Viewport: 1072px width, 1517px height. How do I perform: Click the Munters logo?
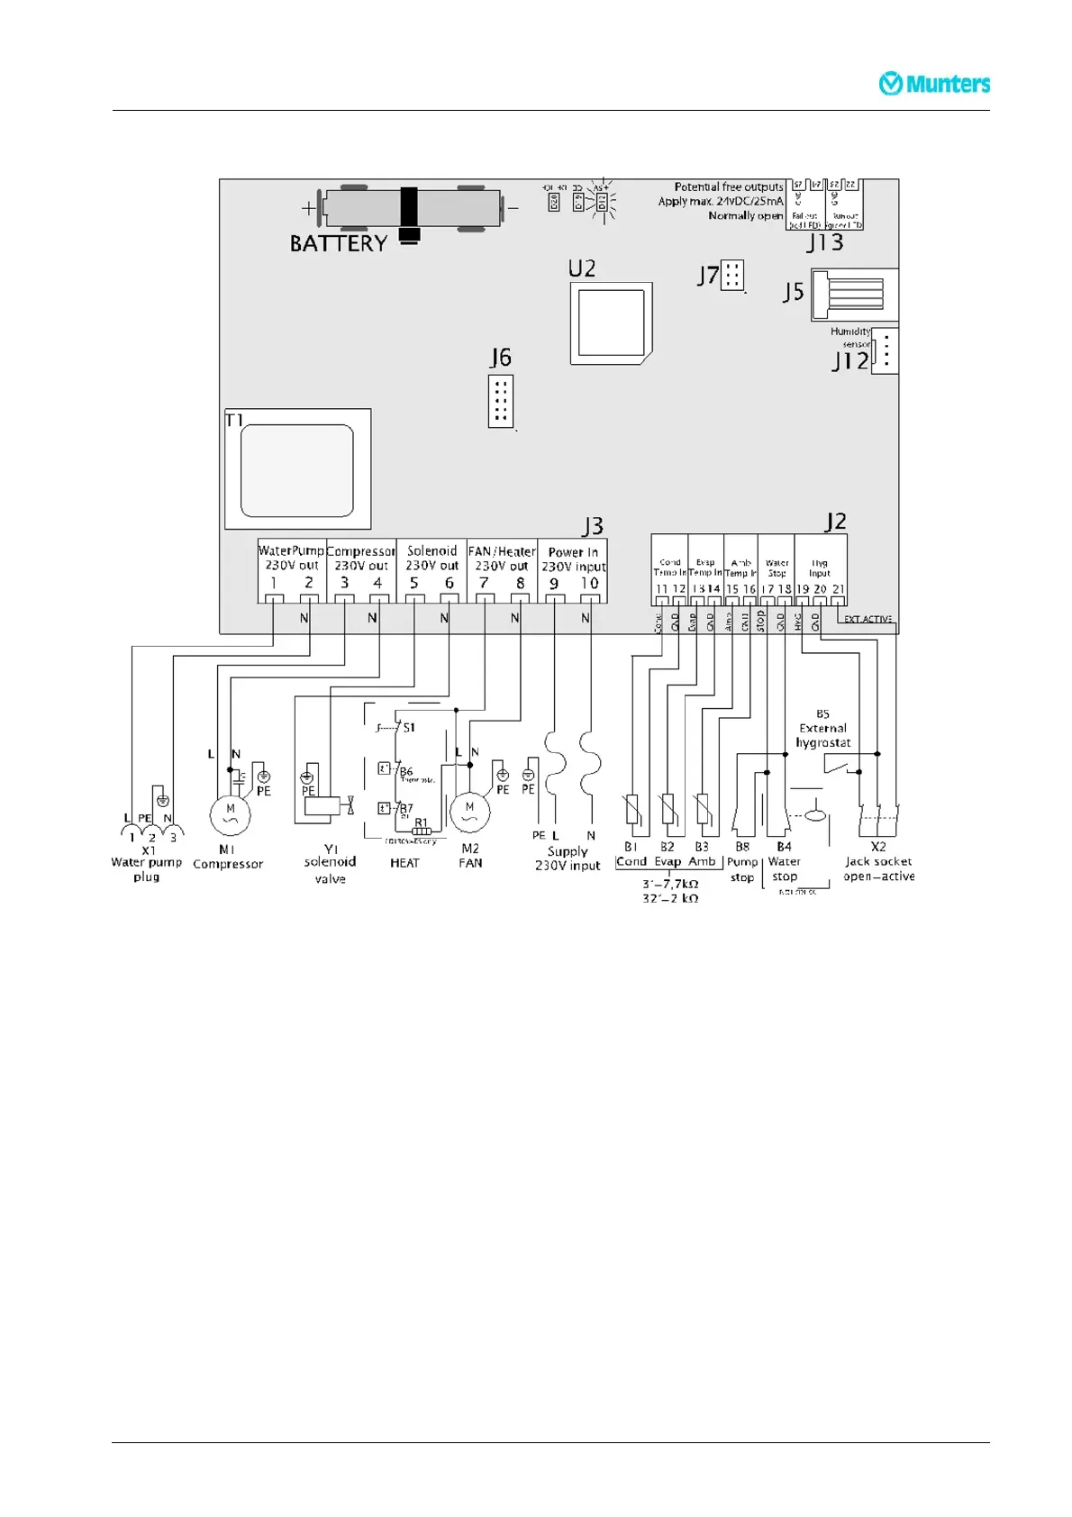coord(934,84)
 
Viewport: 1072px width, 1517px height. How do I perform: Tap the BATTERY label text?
coord(338,243)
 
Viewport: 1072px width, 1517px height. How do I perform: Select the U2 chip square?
coord(612,323)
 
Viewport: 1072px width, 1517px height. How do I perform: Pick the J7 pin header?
coord(732,275)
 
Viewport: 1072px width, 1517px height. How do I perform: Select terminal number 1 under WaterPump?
coord(273,583)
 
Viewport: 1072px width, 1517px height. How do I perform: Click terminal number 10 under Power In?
coord(589,584)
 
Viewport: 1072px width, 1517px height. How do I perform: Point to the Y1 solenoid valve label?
coord(330,863)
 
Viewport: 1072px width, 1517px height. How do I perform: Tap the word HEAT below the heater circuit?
coord(404,863)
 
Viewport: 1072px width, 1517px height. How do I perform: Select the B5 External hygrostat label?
coord(822,728)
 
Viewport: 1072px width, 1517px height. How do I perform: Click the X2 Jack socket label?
coord(878,861)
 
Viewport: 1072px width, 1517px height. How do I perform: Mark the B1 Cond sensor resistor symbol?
coord(632,809)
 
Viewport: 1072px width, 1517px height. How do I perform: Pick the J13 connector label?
coord(824,242)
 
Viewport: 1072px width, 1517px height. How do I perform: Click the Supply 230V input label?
coord(568,858)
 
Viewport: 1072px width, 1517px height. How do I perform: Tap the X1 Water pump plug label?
coord(147,863)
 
